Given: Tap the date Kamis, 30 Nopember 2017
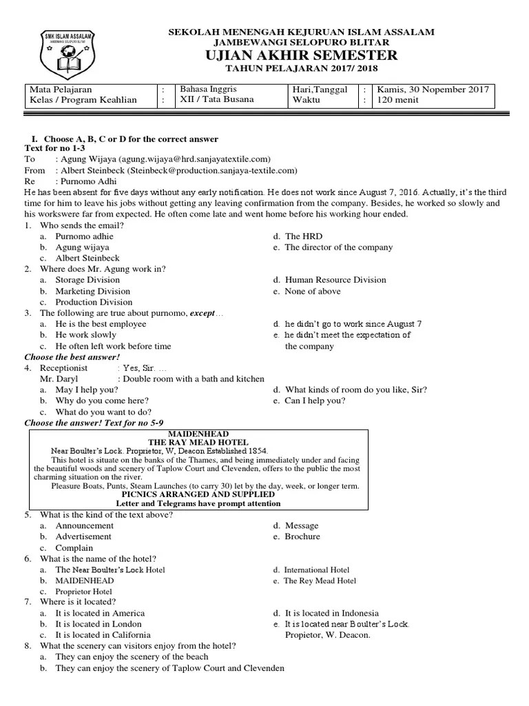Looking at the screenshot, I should tap(432, 90).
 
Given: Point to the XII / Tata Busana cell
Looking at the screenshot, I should tap(217, 100).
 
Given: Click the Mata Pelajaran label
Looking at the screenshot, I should tap(61, 90).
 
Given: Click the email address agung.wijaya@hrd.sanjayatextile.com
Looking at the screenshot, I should tap(195, 159).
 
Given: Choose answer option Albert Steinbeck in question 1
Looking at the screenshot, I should tap(87, 258).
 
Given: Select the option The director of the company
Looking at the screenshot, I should tap(338, 247).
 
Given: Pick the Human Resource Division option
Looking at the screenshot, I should tap(335, 280).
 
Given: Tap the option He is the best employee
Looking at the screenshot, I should tap(101, 324).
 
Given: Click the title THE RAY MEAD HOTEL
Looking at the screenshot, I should tap(198, 442).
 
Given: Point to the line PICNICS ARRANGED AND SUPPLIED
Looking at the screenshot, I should tap(198, 494).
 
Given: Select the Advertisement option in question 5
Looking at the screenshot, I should tap(83, 536).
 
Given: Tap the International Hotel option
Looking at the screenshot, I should tap(316, 570).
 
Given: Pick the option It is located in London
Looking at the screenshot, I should tap(99, 624).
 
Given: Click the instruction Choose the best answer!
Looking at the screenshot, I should tap(72, 357).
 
